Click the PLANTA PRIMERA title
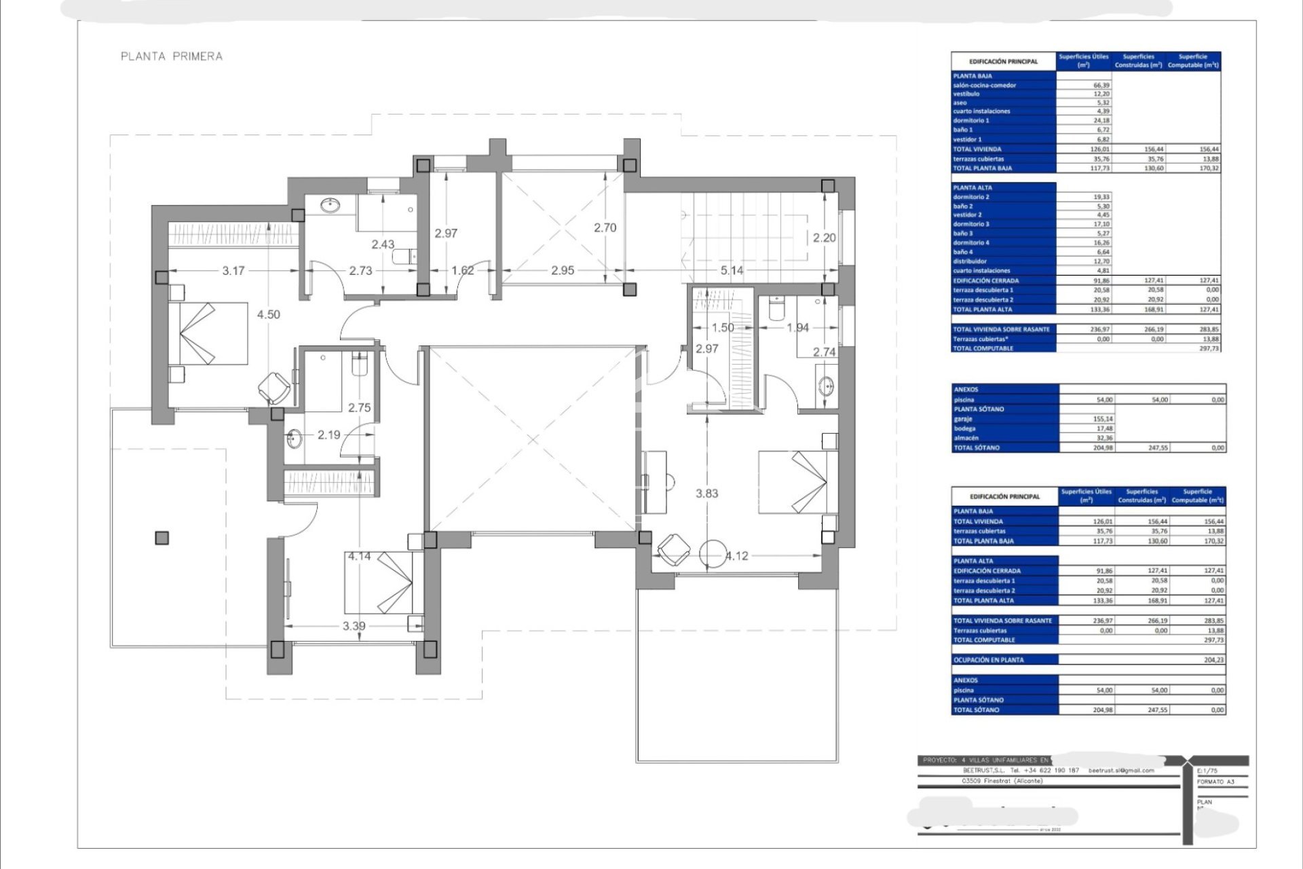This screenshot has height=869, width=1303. [172, 56]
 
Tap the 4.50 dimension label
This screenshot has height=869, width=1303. [269, 314]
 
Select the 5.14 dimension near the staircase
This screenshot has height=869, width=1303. [732, 270]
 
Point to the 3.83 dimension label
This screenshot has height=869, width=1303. [706, 494]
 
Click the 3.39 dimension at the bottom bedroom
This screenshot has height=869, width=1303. [354, 626]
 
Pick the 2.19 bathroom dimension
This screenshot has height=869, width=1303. [328, 434]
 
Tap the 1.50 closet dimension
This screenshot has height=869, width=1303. [722, 327]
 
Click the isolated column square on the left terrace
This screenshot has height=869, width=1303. [162, 538]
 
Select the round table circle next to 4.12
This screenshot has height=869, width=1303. [713, 554]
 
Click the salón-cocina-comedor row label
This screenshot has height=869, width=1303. [985, 86]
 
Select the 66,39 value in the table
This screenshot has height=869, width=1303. [1101, 86]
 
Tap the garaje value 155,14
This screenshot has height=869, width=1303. [1104, 419]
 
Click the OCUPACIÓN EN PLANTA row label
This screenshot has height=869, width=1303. [988, 660]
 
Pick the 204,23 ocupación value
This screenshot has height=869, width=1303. [1213, 660]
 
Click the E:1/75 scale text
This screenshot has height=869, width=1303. [1209, 771]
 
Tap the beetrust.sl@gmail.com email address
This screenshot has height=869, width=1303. [1121, 771]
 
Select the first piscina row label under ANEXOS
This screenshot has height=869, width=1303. [964, 400]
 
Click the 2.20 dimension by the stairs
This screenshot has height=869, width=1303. [825, 238]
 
